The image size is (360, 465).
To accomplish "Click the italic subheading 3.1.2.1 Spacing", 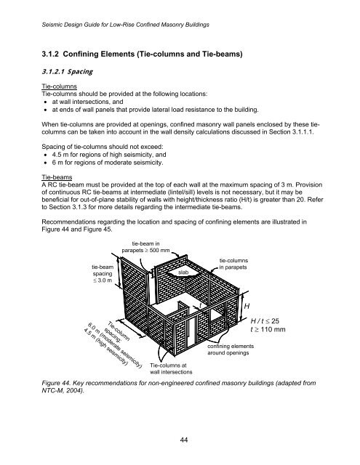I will pos(54,73).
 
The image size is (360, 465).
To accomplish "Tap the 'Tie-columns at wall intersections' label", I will pos(170,369).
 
